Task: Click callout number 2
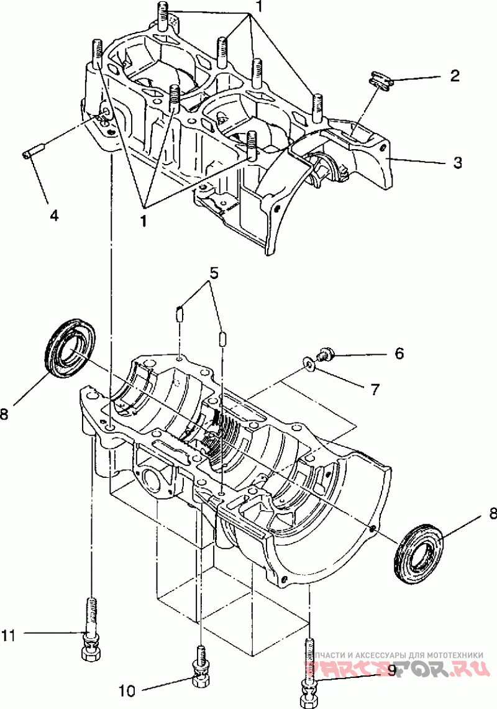pyautogui.click(x=455, y=76)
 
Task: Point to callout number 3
pyautogui.click(x=457, y=163)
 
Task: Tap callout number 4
pyautogui.click(x=54, y=215)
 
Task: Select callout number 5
pyautogui.click(x=213, y=272)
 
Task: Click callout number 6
pyautogui.click(x=399, y=354)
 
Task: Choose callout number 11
pyautogui.click(x=8, y=634)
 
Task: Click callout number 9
pyautogui.click(x=391, y=670)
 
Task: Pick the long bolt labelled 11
pyautogui.click(x=92, y=628)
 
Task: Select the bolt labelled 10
pyautogui.click(x=201, y=668)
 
